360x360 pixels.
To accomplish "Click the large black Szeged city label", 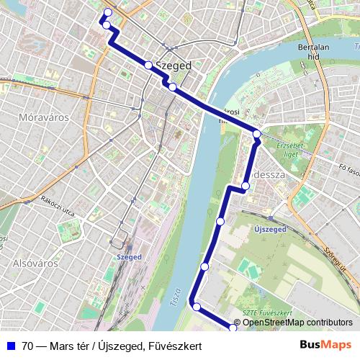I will click(174, 65).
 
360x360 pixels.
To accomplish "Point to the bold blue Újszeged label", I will click(271, 229).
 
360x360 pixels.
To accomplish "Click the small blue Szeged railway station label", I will click(129, 256).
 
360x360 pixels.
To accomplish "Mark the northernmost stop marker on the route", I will click(108, 12).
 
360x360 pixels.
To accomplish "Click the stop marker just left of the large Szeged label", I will click(148, 65).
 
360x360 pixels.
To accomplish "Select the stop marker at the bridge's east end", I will click(257, 133).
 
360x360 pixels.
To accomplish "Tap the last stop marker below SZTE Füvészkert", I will click(233, 328).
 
